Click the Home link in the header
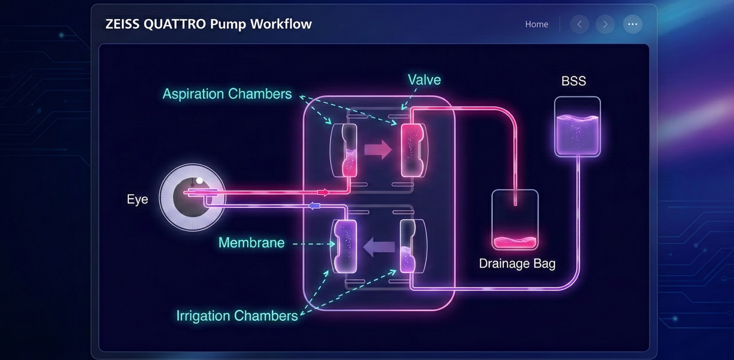tap(537, 24)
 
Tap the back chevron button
tap(580, 24)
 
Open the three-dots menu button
tap(633, 24)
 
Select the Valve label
tap(424, 80)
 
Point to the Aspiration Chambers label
tap(227, 94)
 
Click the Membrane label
tap(251, 243)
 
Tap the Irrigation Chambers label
tap(237, 316)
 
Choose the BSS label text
tap(573, 81)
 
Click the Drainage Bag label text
tap(517, 264)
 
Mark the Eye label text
tap(137, 199)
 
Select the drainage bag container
tap(515, 219)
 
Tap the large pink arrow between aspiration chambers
tap(378, 149)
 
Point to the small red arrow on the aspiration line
tap(323, 193)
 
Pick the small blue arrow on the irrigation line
tap(314, 206)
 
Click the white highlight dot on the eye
tap(200, 181)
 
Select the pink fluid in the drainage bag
tap(515, 243)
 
